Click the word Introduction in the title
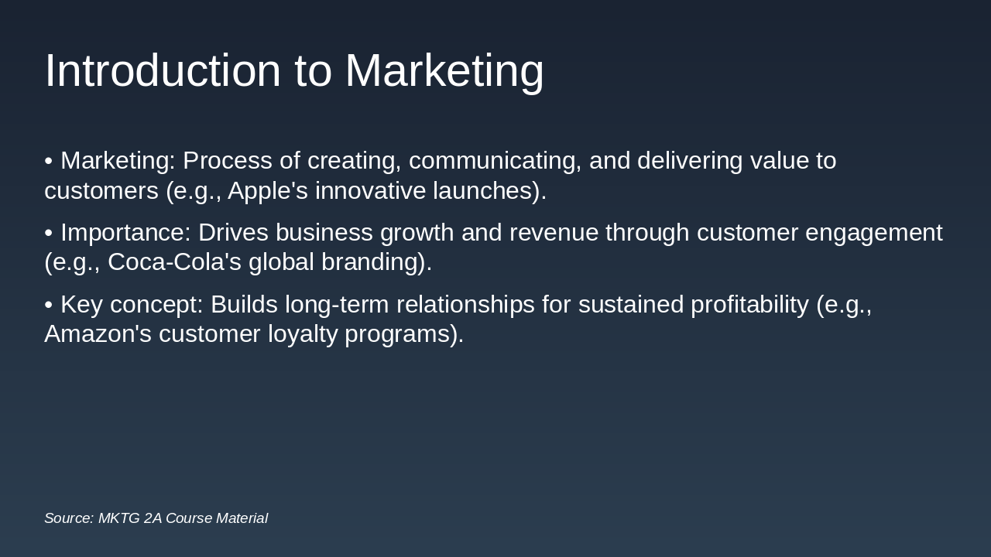pos(163,71)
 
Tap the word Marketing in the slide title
pos(444,71)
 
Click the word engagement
pos(874,233)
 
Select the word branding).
pos(376,262)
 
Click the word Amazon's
pos(98,334)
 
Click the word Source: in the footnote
pos(69,518)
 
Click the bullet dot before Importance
pos(49,233)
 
